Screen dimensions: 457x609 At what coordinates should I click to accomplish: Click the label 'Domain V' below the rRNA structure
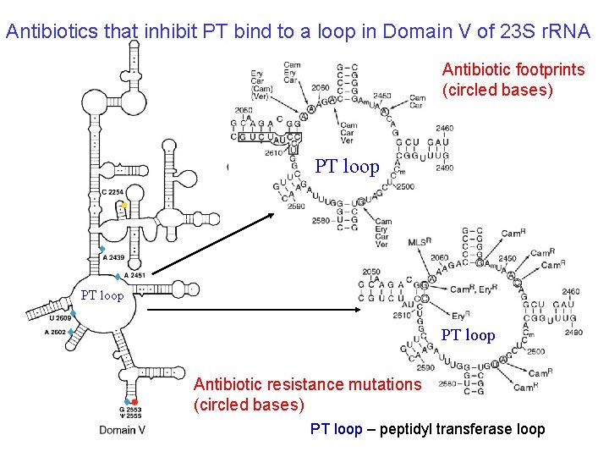(x=122, y=430)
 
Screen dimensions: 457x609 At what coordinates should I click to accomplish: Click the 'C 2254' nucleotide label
(x=113, y=192)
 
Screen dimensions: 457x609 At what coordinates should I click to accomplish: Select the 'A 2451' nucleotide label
(x=134, y=275)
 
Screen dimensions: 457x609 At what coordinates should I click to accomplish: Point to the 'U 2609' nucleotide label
(x=60, y=318)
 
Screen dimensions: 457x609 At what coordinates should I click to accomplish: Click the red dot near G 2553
(x=134, y=401)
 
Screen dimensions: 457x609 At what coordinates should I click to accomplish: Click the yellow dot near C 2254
(x=123, y=206)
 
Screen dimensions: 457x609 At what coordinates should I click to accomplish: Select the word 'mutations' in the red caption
(x=379, y=384)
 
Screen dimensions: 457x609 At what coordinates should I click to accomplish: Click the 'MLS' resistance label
(x=420, y=242)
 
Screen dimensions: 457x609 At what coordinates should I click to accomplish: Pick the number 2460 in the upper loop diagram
(x=444, y=129)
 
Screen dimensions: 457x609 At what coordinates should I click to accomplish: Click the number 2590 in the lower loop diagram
(x=425, y=367)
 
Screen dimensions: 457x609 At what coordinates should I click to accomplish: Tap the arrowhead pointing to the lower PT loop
(x=370, y=310)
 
